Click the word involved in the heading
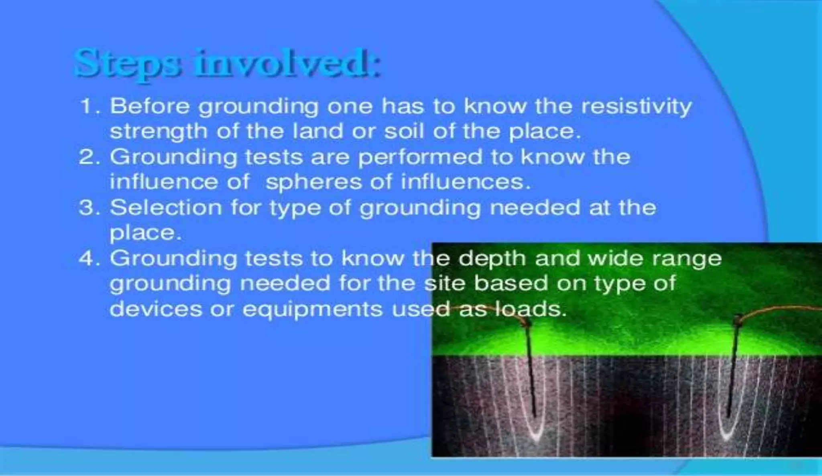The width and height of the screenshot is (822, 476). click(286, 63)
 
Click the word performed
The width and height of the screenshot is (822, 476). click(420, 157)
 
